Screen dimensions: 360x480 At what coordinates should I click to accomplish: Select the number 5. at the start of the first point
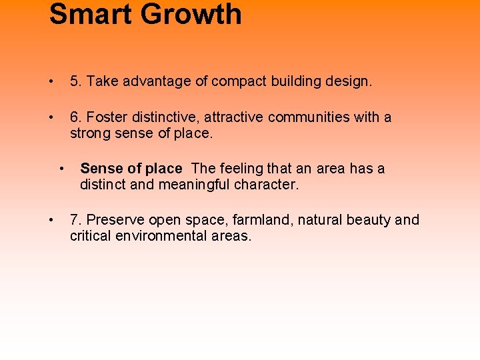click(76, 81)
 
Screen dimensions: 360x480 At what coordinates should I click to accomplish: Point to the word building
click(297, 81)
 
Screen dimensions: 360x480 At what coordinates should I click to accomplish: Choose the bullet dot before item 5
click(51, 82)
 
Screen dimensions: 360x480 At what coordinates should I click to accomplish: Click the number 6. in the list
click(76, 117)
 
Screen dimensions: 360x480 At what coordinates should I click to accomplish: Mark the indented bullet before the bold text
click(61, 169)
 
